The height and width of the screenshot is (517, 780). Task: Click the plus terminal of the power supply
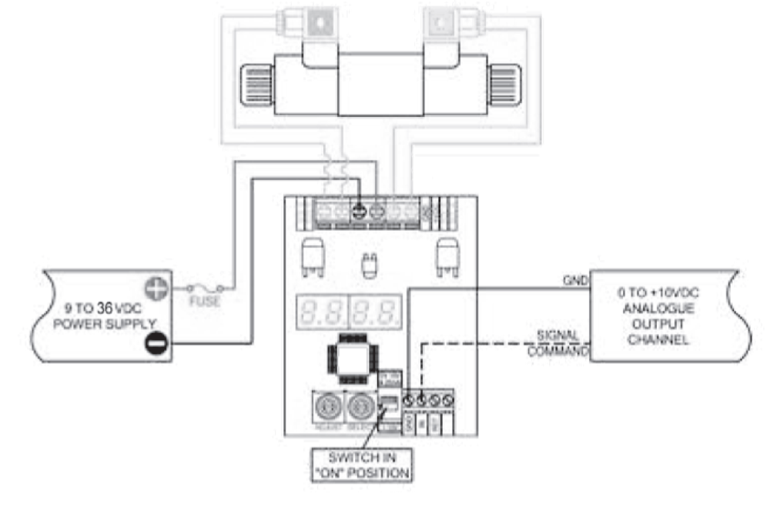coord(156,289)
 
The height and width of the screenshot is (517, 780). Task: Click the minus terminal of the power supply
coord(156,345)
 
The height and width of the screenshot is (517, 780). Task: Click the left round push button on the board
coord(323,405)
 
